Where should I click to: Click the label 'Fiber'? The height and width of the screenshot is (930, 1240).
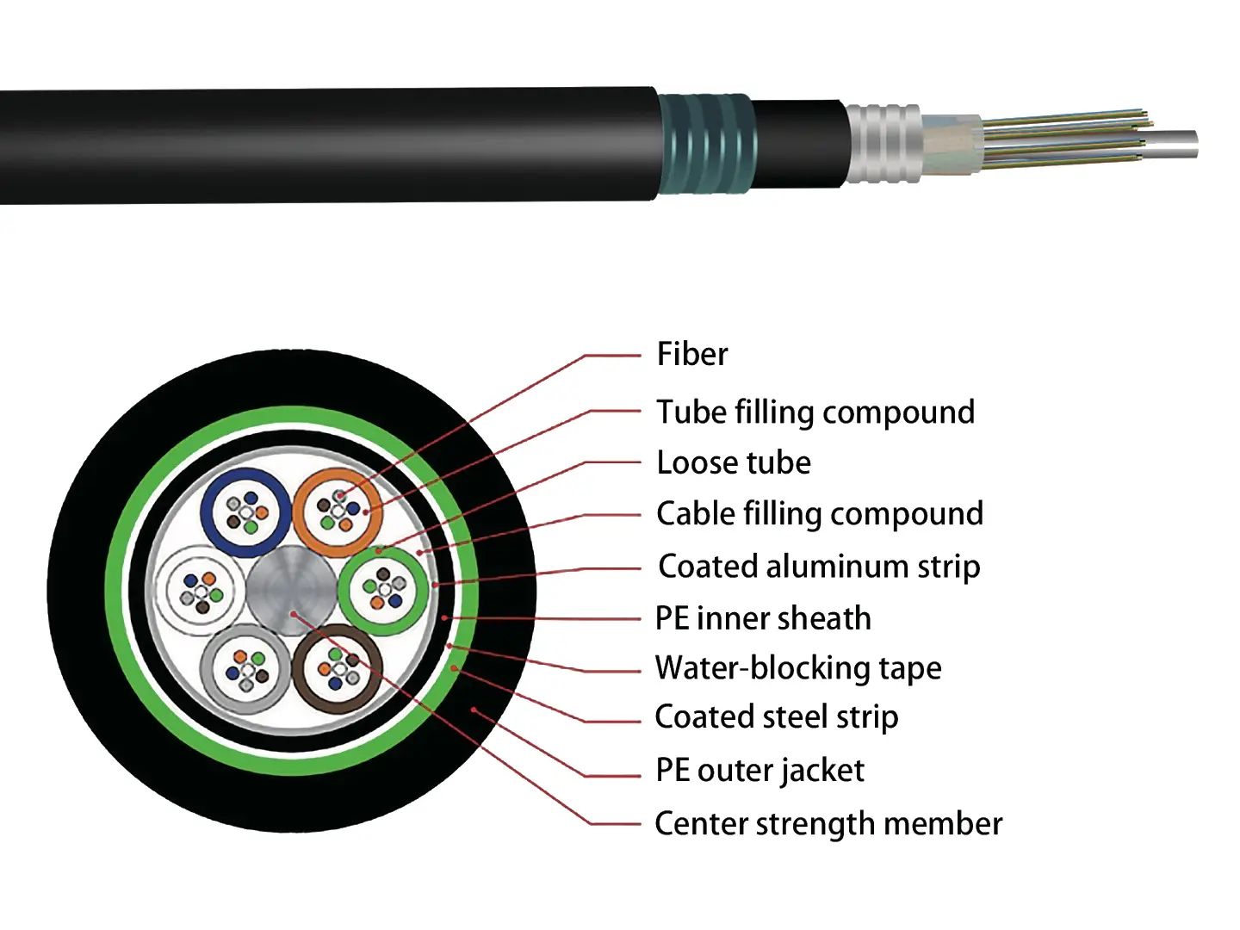click(x=691, y=354)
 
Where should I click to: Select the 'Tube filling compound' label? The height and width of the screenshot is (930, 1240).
click(x=815, y=412)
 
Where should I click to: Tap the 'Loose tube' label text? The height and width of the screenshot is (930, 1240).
click(x=733, y=462)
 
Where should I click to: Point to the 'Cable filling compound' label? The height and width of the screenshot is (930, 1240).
click(x=819, y=514)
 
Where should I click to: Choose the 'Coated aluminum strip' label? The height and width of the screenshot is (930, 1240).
click(x=818, y=567)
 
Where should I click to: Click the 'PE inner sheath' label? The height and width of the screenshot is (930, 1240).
click(x=762, y=618)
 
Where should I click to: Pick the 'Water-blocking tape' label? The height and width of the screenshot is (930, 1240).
click(x=797, y=668)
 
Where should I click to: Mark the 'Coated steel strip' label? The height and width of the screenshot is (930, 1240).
click(x=776, y=717)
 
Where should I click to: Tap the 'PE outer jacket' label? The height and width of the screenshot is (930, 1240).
click(x=759, y=770)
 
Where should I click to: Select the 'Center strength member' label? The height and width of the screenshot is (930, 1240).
click(x=828, y=824)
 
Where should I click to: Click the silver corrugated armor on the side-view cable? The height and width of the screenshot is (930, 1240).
click(x=883, y=144)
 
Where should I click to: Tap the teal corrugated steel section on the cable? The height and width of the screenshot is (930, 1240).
click(x=706, y=144)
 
